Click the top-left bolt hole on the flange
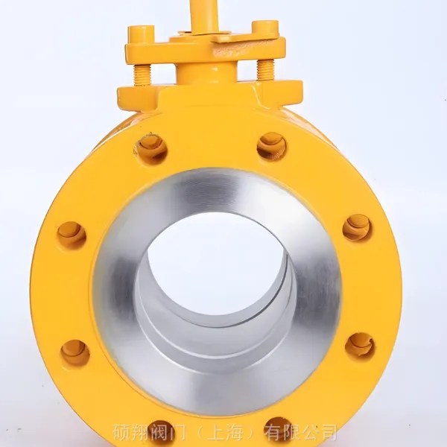click(x=150, y=148)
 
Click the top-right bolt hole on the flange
click(x=271, y=147)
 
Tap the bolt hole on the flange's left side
click(x=72, y=235)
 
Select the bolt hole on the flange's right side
click(x=357, y=228)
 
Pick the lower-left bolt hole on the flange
click(x=74, y=352)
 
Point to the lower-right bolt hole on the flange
click(x=360, y=346)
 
